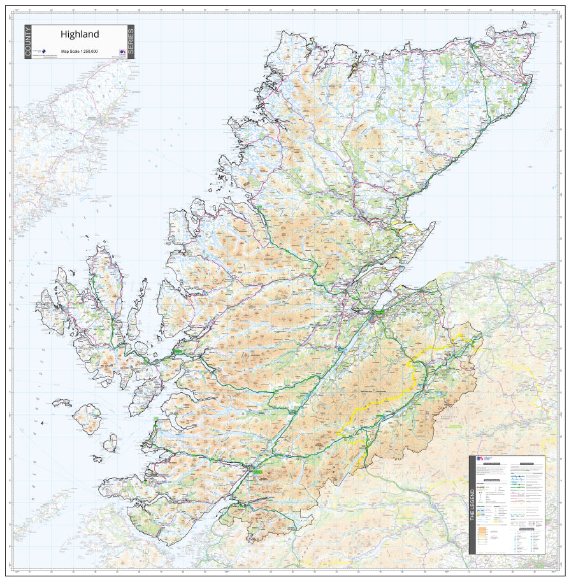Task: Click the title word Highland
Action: [x=80, y=34]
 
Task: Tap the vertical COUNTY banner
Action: [x=28, y=42]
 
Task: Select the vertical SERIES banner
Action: [x=131, y=42]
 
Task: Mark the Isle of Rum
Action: [x=88, y=418]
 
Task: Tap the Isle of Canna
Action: [x=62, y=402]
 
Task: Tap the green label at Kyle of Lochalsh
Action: [x=176, y=351]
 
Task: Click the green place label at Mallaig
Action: [x=156, y=418]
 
